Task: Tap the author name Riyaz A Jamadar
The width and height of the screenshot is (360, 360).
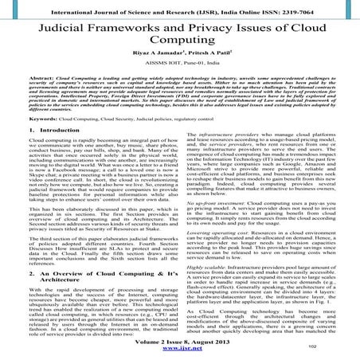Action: click(154, 69)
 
